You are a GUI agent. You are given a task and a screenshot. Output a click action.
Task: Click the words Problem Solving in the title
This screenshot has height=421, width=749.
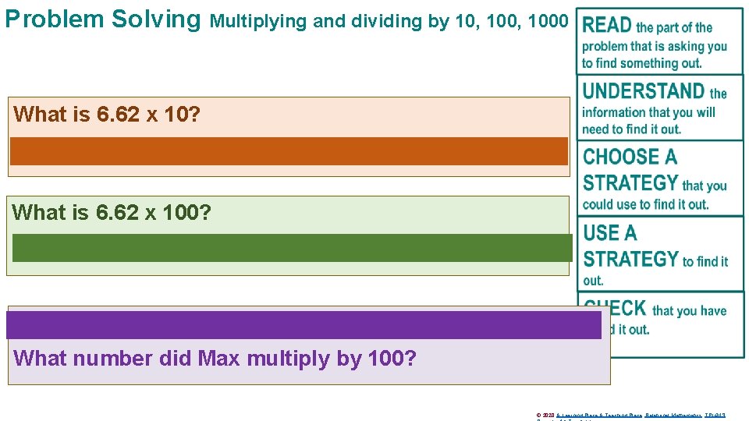pyautogui.click(x=102, y=19)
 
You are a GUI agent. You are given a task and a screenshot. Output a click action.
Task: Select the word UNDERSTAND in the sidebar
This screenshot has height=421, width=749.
pyautogui.click(x=644, y=91)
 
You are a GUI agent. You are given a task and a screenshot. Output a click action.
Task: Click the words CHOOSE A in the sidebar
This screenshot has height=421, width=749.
pyautogui.click(x=630, y=157)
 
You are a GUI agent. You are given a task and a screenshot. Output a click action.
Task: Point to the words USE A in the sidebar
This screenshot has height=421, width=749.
pyautogui.click(x=610, y=233)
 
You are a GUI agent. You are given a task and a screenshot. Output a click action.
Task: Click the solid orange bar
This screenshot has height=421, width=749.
pyautogui.click(x=289, y=151)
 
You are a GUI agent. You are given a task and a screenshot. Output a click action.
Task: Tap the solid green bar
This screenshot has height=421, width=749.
pyautogui.click(x=292, y=247)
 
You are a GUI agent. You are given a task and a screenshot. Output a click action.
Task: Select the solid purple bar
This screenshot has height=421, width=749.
pyautogui.click(x=304, y=324)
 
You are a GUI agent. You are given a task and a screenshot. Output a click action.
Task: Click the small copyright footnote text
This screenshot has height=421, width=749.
pyautogui.click(x=631, y=415)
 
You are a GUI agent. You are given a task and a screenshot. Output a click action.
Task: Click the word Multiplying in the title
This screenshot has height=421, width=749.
pyautogui.click(x=259, y=21)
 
